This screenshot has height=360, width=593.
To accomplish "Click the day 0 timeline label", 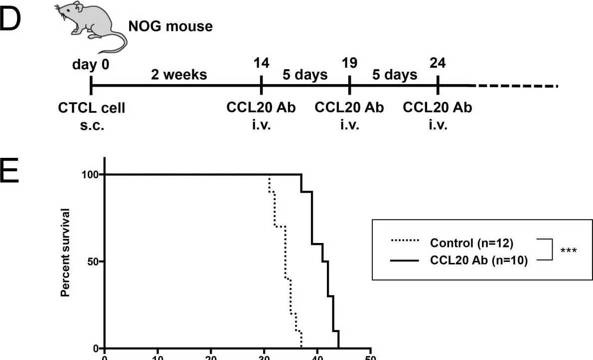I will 91,65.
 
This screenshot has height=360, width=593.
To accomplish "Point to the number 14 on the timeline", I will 261,63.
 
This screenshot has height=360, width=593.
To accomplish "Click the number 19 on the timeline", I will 349,63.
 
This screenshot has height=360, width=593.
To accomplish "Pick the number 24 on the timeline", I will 438,63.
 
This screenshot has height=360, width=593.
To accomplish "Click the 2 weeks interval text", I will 178,75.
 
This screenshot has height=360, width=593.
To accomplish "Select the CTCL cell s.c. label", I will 92,116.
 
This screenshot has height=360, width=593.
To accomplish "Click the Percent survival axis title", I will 65,253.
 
